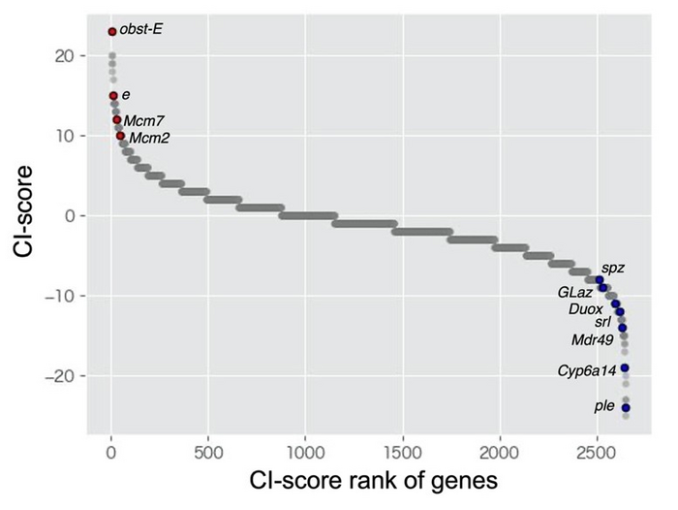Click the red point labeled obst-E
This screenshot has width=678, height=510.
(x=112, y=32)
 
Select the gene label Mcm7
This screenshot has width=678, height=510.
(x=143, y=121)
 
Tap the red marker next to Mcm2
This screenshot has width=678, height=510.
(x=120, y=136)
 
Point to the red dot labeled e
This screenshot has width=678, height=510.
(x=113, y=96)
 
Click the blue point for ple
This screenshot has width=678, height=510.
(x=626, y=407)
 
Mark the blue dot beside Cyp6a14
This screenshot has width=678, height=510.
(x=625, y=368)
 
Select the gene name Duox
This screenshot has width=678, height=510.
(x=586, y=308)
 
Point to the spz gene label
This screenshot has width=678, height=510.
(x=612, y=267)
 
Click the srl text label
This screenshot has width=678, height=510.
(x=602, y=321)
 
